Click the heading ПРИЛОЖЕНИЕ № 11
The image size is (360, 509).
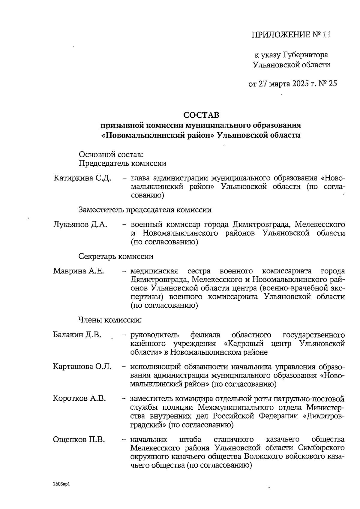291,35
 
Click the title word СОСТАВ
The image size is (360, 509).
201,115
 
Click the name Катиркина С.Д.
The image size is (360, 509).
82,178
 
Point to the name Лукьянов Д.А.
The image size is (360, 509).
80,224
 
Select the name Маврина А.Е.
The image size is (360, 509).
79,271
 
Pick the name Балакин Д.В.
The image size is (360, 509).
77,335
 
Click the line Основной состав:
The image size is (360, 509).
111,155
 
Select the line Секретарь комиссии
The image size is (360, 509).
116,257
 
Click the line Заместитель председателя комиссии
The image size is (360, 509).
145,210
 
